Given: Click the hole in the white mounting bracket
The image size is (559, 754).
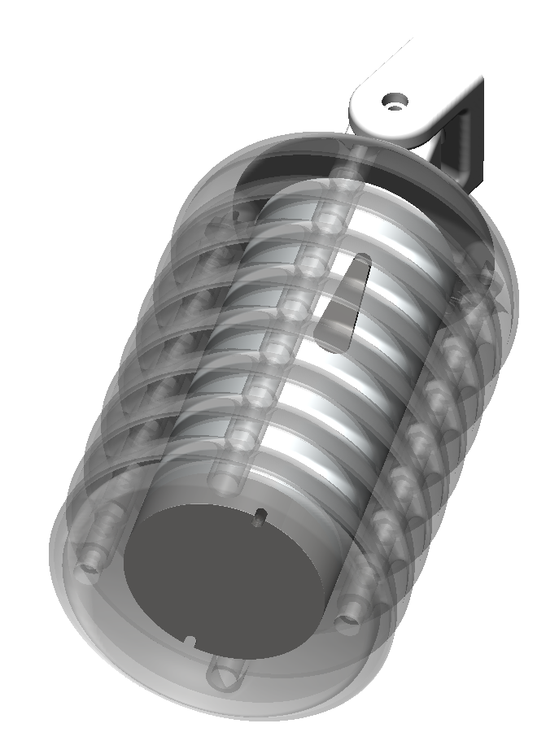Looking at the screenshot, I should click(395, 101).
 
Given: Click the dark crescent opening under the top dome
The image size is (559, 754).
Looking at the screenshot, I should click(269, 175).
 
